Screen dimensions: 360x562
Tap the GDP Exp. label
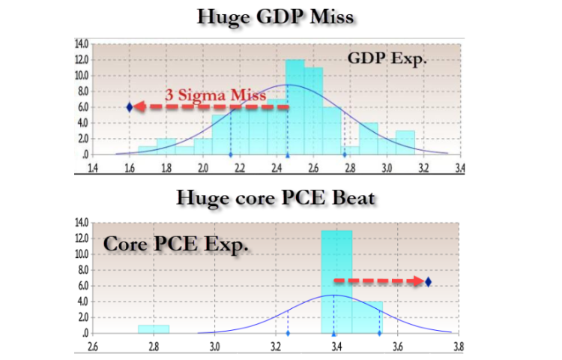click(387, 58)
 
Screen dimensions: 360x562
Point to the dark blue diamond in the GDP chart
click(130, 107)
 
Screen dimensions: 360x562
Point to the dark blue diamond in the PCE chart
click(428, 281)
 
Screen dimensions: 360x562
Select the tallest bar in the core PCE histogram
click(336, 281)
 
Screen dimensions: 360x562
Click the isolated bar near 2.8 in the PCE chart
click(154, 329)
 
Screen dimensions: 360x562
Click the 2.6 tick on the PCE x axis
click(93, 346)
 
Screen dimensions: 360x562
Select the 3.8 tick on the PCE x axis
click(459, 346)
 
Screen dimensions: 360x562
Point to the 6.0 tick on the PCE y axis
click(82, 286)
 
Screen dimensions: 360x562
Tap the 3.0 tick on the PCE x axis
click(214, 346)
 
